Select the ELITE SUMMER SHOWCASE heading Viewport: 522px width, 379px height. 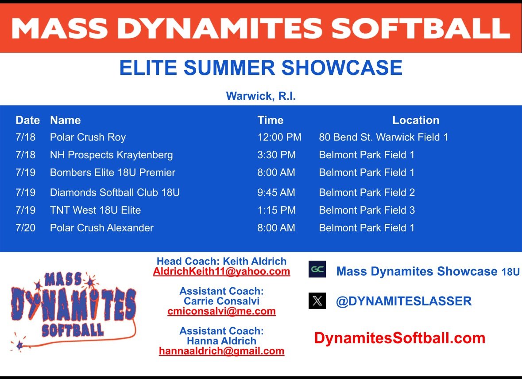(261, 68)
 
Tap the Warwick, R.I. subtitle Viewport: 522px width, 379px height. (261, 96)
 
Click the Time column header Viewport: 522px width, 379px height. (270, 120)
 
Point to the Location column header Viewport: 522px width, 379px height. (416, 120)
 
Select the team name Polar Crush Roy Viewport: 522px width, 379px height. (88, 137)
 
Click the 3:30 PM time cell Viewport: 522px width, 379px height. (276, 155)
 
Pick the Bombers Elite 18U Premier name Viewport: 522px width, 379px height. (112, 172)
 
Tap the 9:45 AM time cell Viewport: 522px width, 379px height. (276, 192)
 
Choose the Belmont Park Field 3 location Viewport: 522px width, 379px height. (367, 210)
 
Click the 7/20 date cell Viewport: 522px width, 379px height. (25, 228)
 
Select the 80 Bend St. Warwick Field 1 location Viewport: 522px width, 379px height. (383, 137)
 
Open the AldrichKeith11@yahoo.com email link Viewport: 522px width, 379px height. (221, 271)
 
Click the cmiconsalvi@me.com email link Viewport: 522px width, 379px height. (221, 311)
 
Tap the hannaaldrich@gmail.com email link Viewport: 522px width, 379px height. (221, 351)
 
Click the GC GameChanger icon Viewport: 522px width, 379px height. (317, 269)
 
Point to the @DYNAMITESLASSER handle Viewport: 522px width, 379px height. (403, 301)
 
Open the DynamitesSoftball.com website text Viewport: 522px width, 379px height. (399, 338)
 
